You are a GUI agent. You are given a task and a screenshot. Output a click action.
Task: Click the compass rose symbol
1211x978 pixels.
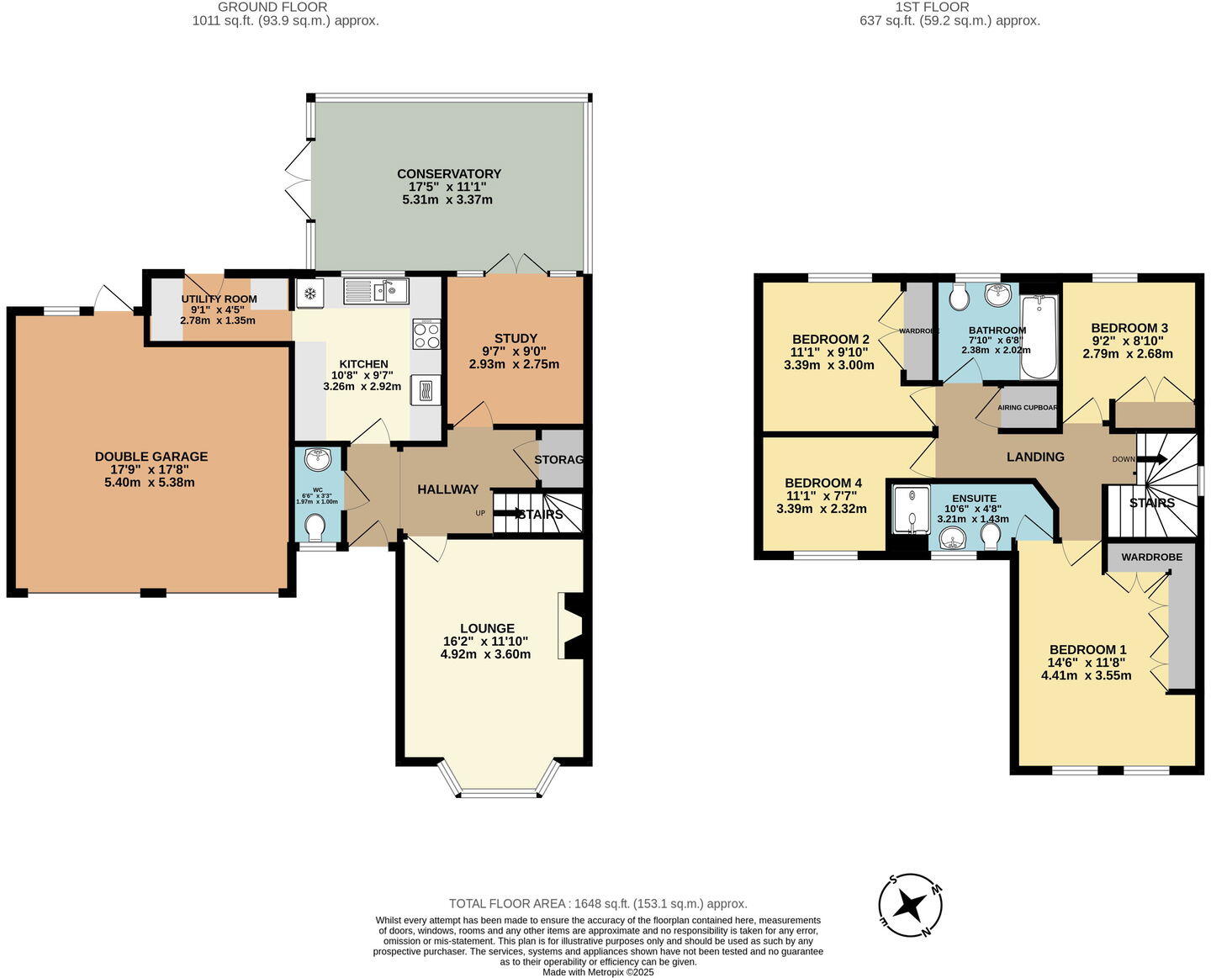910,906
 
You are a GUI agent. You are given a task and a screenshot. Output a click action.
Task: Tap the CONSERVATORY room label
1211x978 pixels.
448,174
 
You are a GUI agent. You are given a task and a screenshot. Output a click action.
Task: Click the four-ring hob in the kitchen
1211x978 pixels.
426,335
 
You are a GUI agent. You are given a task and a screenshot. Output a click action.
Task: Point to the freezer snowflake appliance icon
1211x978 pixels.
309,293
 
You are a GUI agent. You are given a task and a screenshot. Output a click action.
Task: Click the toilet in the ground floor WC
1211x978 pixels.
315,527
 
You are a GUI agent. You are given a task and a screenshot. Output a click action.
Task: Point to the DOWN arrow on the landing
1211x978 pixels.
1150,459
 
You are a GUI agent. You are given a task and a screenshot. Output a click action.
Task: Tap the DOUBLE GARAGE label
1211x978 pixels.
151,457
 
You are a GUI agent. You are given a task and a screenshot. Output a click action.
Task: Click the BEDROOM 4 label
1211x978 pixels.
822,483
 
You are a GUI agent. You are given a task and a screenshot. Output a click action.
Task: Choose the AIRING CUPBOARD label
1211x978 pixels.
1027,408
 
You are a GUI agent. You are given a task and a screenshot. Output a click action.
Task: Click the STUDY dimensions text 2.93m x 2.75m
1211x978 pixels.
514,364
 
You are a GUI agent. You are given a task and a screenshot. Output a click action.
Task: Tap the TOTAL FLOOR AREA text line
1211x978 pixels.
597,904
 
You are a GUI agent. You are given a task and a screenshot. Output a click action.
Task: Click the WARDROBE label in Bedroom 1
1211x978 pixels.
1151,557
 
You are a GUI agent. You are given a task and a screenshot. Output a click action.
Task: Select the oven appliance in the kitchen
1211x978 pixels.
425,390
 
